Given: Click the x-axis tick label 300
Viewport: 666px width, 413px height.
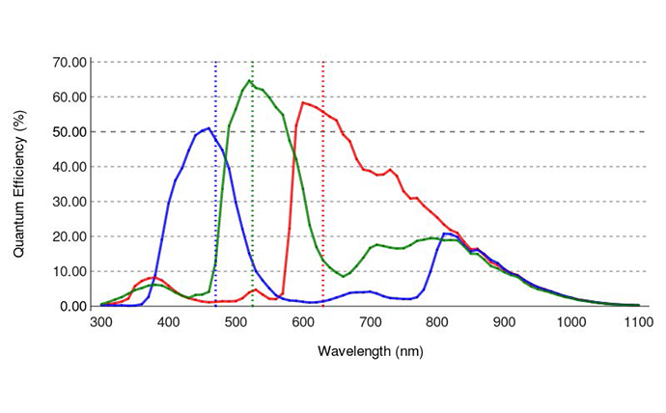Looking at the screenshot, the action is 101,322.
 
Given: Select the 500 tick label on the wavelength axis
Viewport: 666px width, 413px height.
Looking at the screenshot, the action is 236,322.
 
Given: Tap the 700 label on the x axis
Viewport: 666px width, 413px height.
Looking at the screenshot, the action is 370,322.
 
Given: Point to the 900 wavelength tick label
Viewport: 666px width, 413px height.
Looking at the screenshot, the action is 504,322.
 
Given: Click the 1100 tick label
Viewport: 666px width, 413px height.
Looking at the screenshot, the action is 638,322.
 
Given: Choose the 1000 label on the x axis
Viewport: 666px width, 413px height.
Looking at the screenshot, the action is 571,322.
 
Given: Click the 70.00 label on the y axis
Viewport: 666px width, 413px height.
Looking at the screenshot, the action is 69,63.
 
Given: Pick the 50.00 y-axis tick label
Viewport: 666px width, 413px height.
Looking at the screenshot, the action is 69,132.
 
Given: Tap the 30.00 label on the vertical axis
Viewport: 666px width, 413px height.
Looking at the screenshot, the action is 69,202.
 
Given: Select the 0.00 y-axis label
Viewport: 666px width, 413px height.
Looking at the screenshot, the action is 73,306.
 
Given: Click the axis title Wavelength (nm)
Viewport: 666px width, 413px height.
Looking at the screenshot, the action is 371,351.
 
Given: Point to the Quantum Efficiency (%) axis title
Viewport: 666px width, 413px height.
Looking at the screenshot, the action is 19,183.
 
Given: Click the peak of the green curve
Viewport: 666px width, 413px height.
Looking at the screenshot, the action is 249,80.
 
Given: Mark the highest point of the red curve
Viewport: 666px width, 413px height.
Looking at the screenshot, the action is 303,102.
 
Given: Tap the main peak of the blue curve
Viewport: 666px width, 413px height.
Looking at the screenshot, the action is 208,127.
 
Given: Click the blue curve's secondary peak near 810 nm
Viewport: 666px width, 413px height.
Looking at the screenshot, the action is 445,234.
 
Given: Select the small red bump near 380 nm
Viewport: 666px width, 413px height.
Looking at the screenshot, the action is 154,278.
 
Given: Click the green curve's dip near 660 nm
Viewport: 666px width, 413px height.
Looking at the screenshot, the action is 344,277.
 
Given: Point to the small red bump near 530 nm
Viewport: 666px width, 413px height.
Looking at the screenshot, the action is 255,289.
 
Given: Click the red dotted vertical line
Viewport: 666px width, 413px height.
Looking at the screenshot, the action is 323,183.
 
